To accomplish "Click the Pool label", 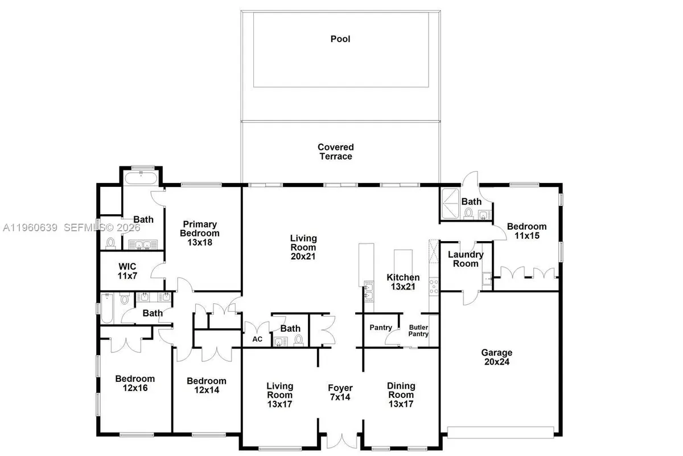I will coord(340,39).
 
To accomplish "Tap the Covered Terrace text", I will coord(335,152).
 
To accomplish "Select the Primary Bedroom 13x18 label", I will coord(199,229).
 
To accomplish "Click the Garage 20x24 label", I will coord(496,357).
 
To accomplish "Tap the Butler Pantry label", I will coord(419,331).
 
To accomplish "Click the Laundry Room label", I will coord(466,259).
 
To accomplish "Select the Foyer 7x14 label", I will coord(340,392).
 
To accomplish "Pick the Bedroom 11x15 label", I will coord(526,230).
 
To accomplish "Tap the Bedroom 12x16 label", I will coord(135,383).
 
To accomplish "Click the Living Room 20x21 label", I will coord(303,247).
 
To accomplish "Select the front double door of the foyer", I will coord(341,442).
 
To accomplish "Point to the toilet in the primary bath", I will coord(110,243).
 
